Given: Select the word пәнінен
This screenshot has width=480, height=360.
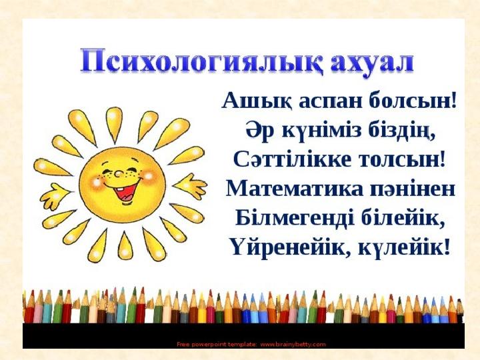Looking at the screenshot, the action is pyautogui.click(x=413, y=189).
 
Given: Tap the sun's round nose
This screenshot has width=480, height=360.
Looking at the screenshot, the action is pyautogui.click(x=118, y=174).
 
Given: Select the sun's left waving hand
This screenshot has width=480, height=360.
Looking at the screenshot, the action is pyautogui.click(x=55, y=195).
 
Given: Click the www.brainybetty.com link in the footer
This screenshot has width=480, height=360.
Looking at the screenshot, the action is pyautogui.click(x=293, y=345).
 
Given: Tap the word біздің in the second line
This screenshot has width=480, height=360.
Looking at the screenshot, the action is pyautogui.click(x=401, y=131).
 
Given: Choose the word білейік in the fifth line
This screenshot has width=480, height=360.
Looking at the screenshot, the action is pyautogui.click(x=403, y=218).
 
